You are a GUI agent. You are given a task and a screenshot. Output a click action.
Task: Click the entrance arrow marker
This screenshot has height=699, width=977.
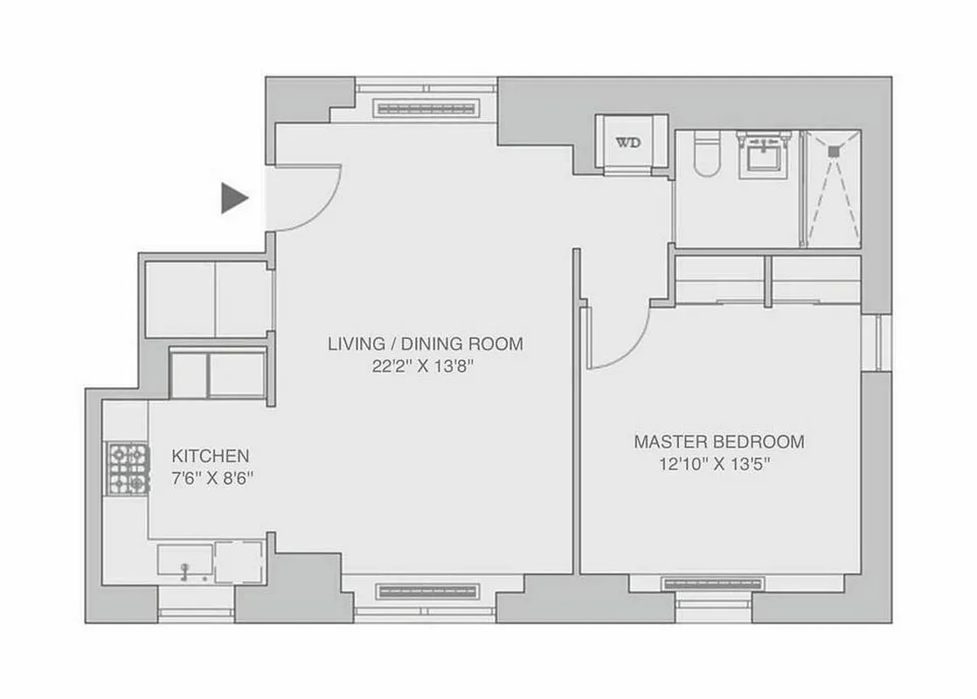233,198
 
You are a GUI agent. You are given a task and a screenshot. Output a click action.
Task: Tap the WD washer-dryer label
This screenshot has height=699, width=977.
627,142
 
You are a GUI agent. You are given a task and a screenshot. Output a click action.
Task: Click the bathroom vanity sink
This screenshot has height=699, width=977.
766,157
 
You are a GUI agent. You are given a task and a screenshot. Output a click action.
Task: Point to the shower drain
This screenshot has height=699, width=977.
833,150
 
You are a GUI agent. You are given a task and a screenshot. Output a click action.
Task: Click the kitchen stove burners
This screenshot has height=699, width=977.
128,469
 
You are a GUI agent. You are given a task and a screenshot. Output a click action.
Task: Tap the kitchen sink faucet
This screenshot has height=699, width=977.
184,571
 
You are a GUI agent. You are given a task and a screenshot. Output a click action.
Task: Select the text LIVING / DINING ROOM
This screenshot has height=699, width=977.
425,343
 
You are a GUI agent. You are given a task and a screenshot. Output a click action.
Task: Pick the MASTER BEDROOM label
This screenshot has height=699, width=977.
718,441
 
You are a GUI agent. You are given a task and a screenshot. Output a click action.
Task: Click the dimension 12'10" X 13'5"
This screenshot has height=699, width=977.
718,465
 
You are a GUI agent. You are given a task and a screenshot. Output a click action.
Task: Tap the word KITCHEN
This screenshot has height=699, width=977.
210,455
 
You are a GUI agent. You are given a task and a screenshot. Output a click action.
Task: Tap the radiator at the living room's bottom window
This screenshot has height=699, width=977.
428,592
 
